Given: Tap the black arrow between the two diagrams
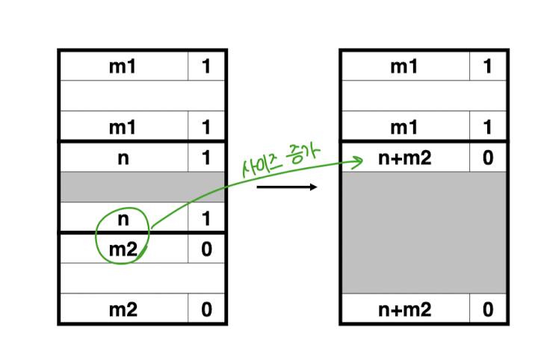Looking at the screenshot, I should click(x=287, y=187).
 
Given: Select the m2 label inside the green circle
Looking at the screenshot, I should click(x=123, y=249).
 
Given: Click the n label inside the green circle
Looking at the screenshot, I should click(x=123, y=220).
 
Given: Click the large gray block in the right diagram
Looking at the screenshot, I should click(x=423, y=232).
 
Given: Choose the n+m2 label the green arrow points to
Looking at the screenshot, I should click(x=404, y=158).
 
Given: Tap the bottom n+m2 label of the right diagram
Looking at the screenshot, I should click(x=404, y=309).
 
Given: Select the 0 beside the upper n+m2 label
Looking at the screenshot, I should click(x=488, y=158).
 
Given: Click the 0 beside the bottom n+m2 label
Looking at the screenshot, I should click(x=488, y=309).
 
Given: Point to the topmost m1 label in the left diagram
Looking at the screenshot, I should click(x=123, y=66).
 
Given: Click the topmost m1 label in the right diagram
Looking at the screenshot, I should click(x=404, y=66).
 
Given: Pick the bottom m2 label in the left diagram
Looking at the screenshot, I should click(x=123, y=309).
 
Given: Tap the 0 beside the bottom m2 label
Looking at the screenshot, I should click(x=206, y=309).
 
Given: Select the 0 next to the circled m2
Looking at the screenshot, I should click(x=206, y=249).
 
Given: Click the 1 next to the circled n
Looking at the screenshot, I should click(x=206, y=220).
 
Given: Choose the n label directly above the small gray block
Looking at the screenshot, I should click(x=123, y=158).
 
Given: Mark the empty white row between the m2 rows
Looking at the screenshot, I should click(x=142, y=278).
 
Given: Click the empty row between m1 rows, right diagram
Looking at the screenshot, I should click(x=423, y=96).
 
